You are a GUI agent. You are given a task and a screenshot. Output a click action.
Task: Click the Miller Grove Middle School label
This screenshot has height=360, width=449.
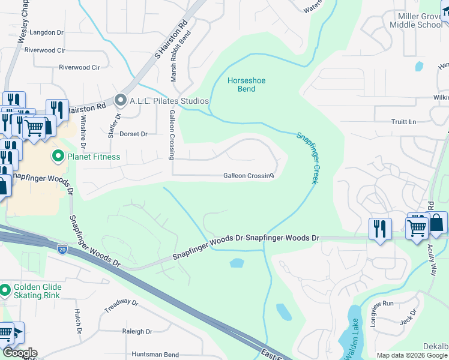(416, 20)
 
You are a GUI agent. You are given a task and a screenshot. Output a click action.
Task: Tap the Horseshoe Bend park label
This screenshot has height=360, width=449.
(246, 85)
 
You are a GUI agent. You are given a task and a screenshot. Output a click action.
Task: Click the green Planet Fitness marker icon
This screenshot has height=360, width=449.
(59, 157)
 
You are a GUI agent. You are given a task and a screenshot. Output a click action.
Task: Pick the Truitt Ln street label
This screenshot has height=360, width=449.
(403, 122)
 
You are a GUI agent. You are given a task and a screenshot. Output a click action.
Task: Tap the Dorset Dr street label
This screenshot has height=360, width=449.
(133, 134)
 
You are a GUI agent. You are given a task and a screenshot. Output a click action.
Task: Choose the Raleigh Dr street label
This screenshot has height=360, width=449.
(137, 331)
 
